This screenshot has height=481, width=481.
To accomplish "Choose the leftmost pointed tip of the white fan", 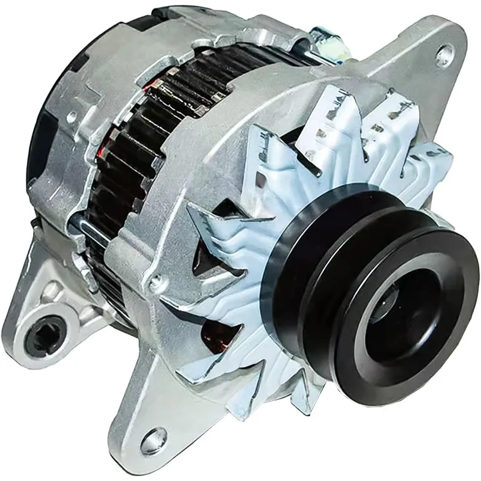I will point(191,207).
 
